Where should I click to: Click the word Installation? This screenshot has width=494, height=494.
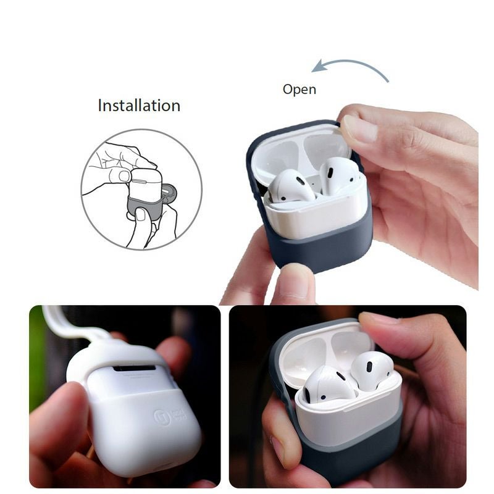point(139,106)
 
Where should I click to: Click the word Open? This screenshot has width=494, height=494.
point(299,90)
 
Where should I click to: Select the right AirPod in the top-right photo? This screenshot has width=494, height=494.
point(338,175)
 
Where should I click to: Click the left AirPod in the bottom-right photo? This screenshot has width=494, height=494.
point(327,383)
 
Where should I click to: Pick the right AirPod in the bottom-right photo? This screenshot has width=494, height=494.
point(371,371)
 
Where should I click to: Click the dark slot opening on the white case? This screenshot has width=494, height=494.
point(134,369)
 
